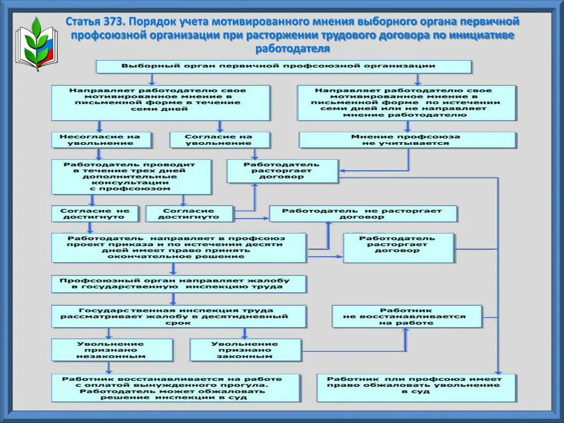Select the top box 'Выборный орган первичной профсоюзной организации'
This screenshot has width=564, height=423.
[x=284, y=67]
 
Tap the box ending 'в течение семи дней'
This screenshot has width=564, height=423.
[x=161, y=102]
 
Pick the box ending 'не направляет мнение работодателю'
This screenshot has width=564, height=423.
[x=406, y=102]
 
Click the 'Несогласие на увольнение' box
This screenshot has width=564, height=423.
[x=101, y=140]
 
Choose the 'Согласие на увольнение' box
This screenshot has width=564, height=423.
[x=220, y=140]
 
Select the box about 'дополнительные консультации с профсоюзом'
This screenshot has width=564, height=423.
[x=131, y=177]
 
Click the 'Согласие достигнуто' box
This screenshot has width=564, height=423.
[x=189, y=214]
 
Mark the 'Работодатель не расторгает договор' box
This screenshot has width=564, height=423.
[x=363, y=214]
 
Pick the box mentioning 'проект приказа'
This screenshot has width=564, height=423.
[x=178, y=247]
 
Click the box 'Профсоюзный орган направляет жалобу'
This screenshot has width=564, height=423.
[x=179, y=284]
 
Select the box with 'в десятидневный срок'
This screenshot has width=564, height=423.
[x=178, y=317]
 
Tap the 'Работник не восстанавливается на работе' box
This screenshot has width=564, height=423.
[x=406, y=317]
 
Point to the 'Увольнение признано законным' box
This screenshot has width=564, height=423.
[x=246, y=350]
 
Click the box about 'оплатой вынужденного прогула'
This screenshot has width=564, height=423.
[x=176, y=388]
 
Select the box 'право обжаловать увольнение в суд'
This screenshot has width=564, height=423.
[x=416, y=388]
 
